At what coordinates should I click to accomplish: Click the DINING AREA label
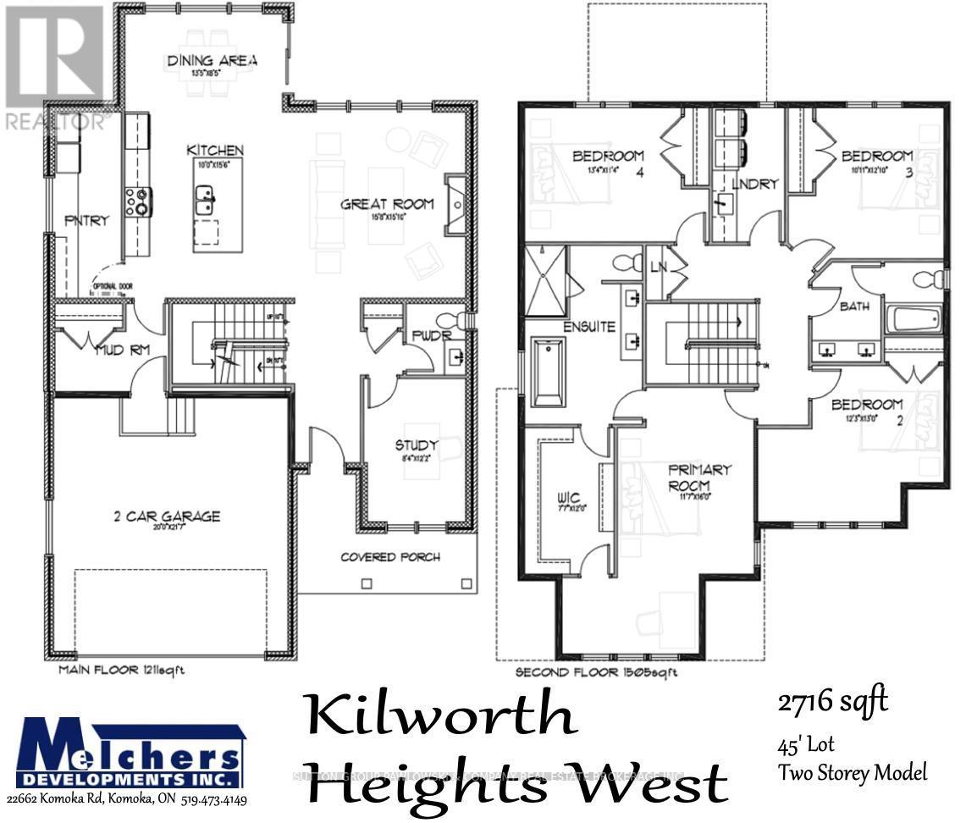(x=212, y=60)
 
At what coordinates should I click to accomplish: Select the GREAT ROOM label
(x=387, y=203)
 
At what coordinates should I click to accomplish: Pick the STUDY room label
(x=416, y=445)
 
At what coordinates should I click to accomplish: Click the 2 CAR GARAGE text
(x=167, y=516)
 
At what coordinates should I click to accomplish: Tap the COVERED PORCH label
(x=390, y=556)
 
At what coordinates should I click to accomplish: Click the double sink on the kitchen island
(x=206, y=201)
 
